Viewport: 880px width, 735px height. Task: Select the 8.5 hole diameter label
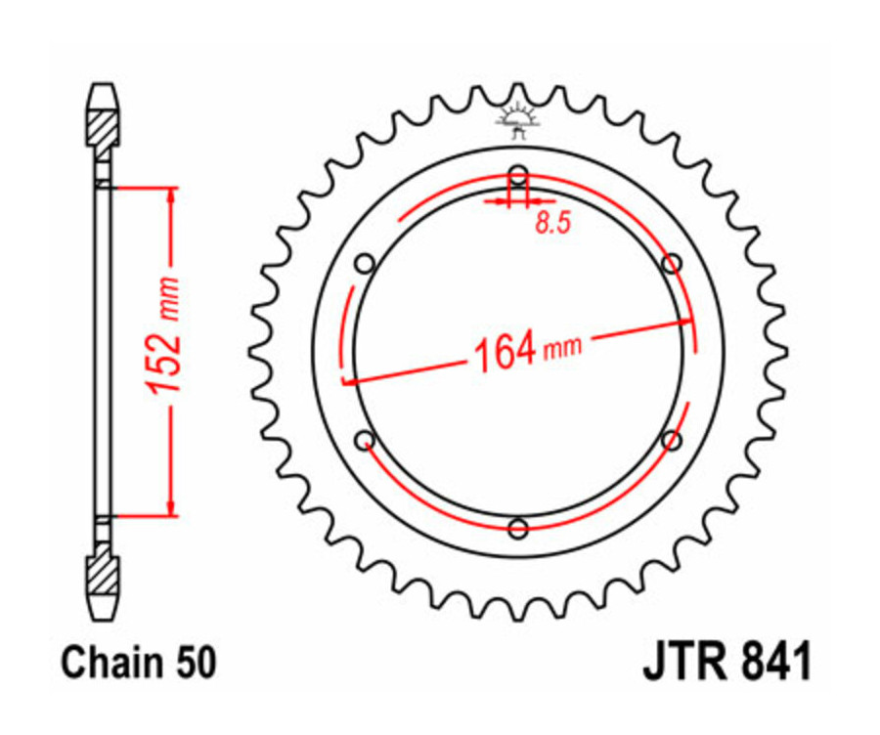tap(552, 224)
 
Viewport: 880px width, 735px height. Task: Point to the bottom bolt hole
tap(518, 529)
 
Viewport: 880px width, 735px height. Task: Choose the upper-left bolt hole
tap(366, 264)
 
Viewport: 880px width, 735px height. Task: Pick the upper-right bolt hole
tap(672, 264)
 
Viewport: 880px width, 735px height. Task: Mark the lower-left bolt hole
tap(365, 440)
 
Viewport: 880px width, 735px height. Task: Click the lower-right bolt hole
tap(671, 441)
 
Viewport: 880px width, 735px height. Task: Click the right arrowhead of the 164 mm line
tap(687, 321)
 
